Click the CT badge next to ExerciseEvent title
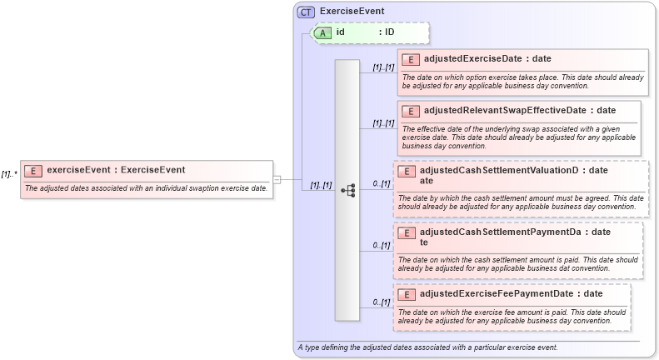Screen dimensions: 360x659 coord(306,12)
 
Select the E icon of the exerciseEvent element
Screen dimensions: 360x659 coord(33,171)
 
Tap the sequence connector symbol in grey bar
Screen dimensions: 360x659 coord(347,191)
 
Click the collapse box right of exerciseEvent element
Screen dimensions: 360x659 coord(277,179)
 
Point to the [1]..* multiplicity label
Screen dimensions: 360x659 coord(9,174)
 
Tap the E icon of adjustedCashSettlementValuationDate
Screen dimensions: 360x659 coord(407,171)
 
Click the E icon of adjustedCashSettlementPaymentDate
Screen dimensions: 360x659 coord(407,232)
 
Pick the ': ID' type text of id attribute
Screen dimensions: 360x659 coord(386,32)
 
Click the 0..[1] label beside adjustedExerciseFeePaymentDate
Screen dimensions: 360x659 coord(382,302)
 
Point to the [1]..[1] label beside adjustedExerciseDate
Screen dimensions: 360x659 coord(383,67)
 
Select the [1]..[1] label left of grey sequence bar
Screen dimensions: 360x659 coord(321,185)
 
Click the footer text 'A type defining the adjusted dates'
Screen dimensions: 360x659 coord(427,347)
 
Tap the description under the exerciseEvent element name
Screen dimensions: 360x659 coord(146,188)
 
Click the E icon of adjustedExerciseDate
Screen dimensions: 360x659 coord(411,59)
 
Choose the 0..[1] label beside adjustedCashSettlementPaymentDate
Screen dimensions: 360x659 coord(382,245)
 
